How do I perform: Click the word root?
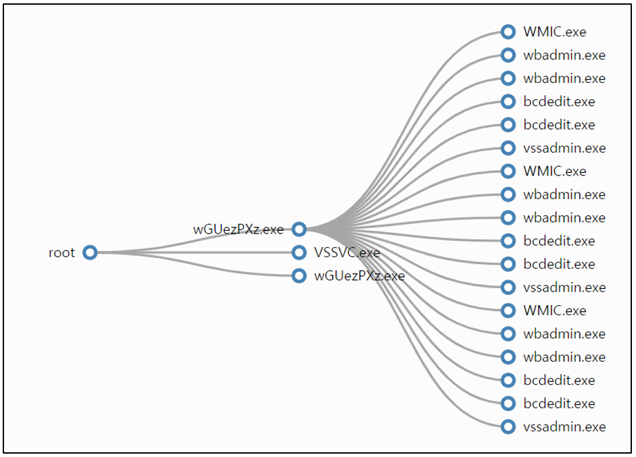pyautogui.click(x=62, y=253)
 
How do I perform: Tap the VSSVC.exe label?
pyautogui.click(x=347, y=253)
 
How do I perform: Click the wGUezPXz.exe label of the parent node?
pyautogui.click(x=238, y=230)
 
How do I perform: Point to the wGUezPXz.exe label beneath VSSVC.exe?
pyautogui.click(x=360, y=276)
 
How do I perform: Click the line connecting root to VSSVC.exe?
pyautogui.click(x=195, y=252)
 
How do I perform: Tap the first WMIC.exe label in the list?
pyautogui.click(x=554, y=32)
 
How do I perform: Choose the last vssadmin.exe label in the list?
pyautogui.click(x=564, y=427)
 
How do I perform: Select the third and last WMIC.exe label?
pyautogui.click(x=554, y=311)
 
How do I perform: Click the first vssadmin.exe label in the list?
pyautogui.click(x=564, y=149)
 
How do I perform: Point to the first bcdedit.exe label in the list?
pyautogui.click(x=559, y=102)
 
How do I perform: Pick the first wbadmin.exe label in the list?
pyautogui.click(x=564, y=55)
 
